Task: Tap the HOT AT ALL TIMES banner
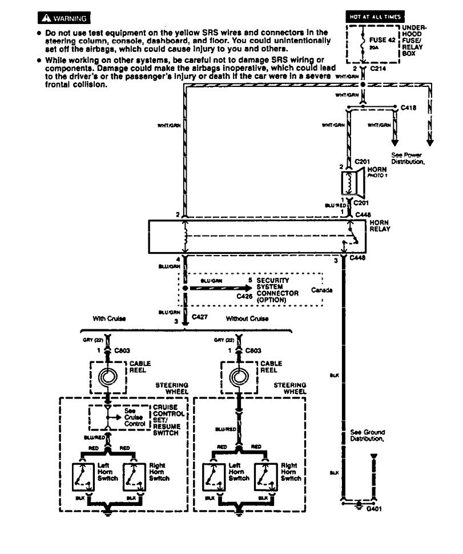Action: pos(376,17)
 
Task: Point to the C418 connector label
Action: pos(408,107)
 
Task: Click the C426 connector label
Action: pos(244,297)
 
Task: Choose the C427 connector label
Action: pos(200,316)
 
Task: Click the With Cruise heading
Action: pos(109,318)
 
